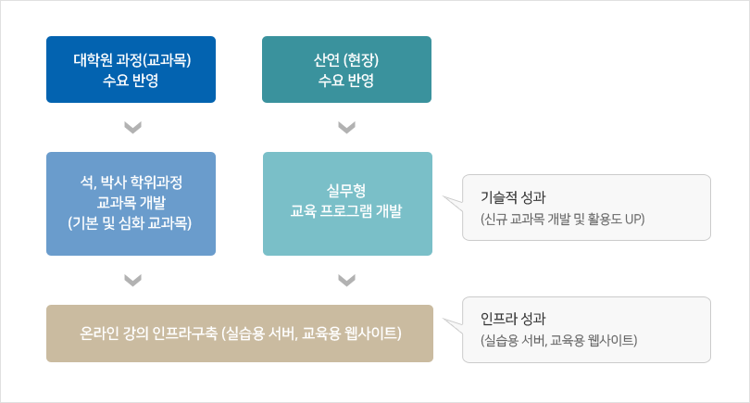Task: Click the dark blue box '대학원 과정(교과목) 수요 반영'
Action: coord(131,69)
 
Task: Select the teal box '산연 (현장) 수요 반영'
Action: coord(347,69)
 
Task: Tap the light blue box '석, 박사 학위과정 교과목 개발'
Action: coord(131,204)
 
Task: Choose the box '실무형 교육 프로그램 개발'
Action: coord(348,204)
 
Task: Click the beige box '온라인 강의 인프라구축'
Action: coord(240,334)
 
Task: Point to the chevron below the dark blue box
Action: coord(133,127)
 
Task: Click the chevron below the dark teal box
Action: coord(347,127)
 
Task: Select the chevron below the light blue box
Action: coord(133,280)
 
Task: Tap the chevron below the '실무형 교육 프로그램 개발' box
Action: coord(347,280)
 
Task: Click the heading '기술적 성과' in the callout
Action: coord(513,197)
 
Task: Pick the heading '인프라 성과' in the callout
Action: coord(513,319)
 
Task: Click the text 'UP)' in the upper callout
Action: coord(635,220)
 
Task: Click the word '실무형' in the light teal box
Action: coord(346,191)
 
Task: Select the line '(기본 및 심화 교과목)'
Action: coord(130,223)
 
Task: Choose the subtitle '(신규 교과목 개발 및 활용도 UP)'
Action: coord(563,220)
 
